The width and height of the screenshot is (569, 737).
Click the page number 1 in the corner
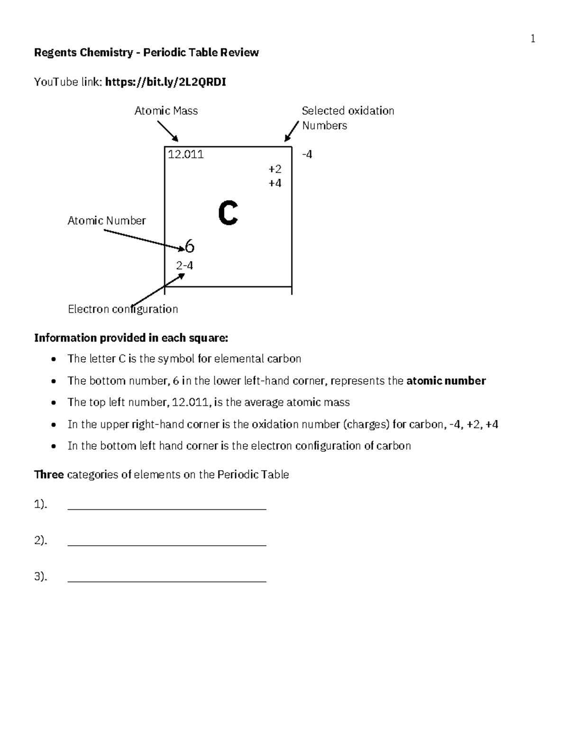(x=533, y=39)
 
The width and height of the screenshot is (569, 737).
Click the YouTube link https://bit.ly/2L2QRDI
(x=165, y=82)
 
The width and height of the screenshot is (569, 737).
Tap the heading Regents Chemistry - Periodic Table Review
(x=146, y=52)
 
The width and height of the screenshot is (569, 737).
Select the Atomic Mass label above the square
(x=166, y=111)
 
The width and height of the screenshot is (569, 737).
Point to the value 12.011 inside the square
(x=186, y=154)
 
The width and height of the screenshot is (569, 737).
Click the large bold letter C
(x=228, y=214)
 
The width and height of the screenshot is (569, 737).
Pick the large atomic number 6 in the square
(x=189, y=246)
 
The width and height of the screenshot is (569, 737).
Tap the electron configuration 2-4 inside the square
(x=184, y=266)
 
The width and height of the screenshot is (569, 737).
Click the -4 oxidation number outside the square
(x=307, y=154)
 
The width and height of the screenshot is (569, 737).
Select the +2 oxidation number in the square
(x=275, y=169)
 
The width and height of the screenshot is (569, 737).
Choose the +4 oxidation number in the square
(x=275, y=183)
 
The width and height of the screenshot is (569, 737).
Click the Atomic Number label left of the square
(x=106, y=221)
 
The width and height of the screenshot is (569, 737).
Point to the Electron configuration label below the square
(x=123, y=309)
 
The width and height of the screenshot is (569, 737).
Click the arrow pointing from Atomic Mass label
(x=168, y=131)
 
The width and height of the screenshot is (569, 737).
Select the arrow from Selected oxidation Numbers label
(x=292, y=131)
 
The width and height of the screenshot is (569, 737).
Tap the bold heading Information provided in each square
(x=131, y=338)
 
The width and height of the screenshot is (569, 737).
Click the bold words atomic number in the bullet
(x=446, y=381)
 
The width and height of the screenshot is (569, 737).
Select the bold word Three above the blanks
(x=49, y=475)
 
